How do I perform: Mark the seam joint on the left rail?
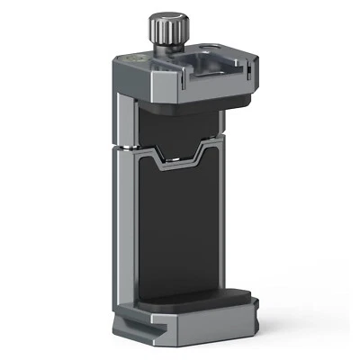[x=126, y=147]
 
